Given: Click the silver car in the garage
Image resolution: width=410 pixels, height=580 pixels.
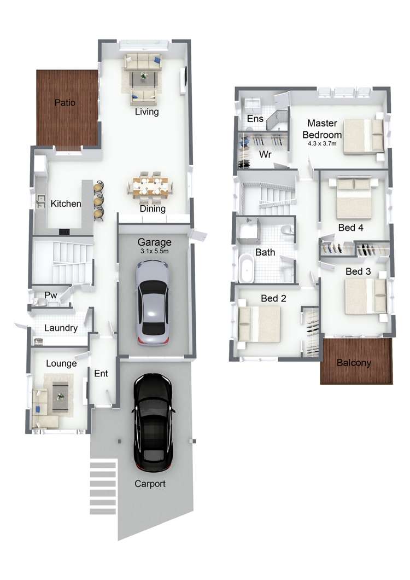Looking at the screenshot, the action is (x=153, y=303).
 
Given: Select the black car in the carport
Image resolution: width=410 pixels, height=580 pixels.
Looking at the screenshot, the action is (x=153, y=422).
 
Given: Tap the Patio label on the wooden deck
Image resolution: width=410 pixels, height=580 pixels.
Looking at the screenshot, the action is (x=65, y=102).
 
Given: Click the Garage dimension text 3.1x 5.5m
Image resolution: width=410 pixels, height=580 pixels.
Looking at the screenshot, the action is (x=154, y=251).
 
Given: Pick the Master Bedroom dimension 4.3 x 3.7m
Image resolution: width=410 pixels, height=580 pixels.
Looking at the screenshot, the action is (x=322, y=143).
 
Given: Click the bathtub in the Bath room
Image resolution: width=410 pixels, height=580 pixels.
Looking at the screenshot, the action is (x=246, y=269).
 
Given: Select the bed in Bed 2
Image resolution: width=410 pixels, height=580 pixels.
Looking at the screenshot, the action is (x=259, y=324).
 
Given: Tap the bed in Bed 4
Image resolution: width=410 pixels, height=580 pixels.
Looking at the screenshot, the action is (x=354, y=198).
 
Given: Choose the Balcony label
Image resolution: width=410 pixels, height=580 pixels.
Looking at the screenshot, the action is (x=354, y=363).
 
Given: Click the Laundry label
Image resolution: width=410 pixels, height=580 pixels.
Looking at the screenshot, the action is (x=61, y=328).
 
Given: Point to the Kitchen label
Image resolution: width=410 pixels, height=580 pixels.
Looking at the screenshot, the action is (x=66, y=204).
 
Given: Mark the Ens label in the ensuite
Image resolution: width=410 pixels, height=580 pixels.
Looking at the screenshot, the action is (x=255, y=119).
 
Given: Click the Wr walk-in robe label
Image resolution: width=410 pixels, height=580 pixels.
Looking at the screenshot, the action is (x=265, y=154).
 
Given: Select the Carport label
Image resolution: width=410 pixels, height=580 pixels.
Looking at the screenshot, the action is (x=150, y=484).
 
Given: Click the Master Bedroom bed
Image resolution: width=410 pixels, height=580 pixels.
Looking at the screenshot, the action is (x=364, y=136).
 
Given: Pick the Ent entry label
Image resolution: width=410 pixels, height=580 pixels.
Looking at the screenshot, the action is (x=101, y=374).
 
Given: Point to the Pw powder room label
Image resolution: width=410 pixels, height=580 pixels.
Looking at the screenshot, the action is (x=51, y=295).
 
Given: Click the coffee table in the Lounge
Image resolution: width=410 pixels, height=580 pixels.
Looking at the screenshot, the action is (x=60, y=397).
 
